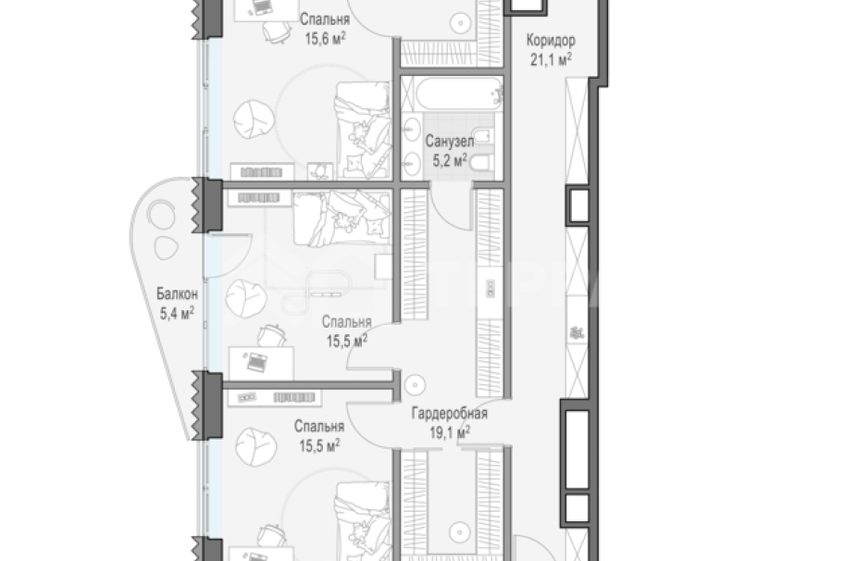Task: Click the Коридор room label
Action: click(551, 41)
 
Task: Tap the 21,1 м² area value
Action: click(551, 59)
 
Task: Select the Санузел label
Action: click(449, 142)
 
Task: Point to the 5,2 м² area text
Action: click(450, 160)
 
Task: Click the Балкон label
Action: click(177, 294)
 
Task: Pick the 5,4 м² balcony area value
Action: click(177, 313)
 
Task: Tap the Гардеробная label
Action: click(449, 414)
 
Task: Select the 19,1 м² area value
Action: click(450, 433)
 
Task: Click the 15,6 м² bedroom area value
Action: click(325, 39)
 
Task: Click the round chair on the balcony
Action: click(161, 216)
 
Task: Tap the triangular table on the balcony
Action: click(166, 248)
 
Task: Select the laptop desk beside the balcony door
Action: click(261, 363)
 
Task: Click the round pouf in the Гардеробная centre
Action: click(416, 385)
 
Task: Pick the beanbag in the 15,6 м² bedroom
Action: click(255, 118)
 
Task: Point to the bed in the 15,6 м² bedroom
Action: click(364, 131)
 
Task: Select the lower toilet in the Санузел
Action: click(482, 162)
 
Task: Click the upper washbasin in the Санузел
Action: click(411, 130)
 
